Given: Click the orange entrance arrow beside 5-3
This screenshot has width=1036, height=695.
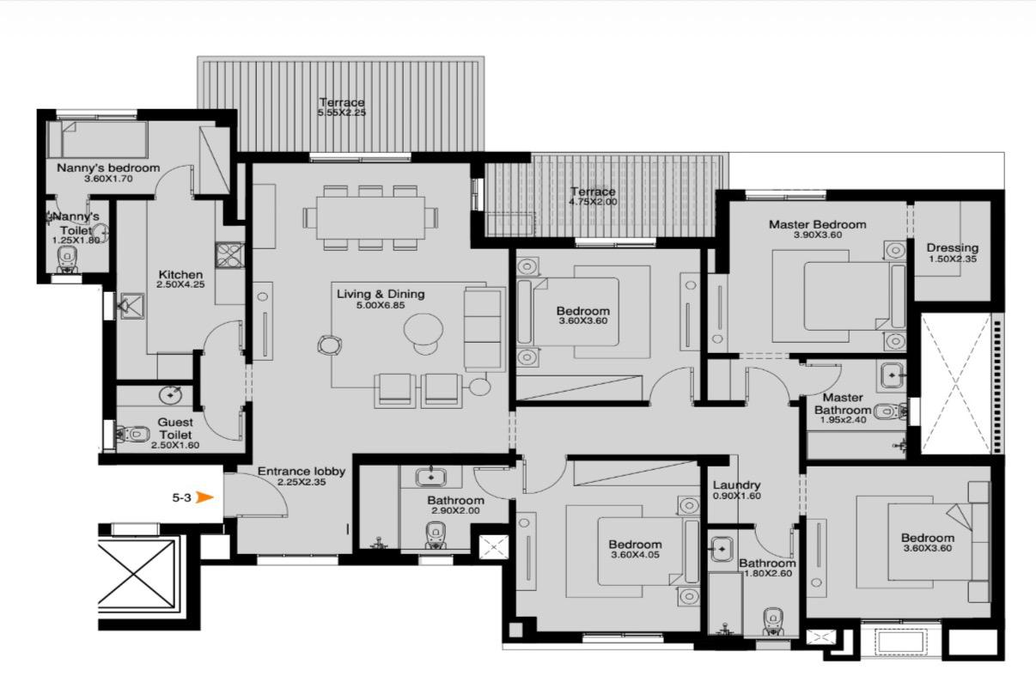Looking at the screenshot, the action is [205, 497].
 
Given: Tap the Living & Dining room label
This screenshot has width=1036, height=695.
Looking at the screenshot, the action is [381, 294].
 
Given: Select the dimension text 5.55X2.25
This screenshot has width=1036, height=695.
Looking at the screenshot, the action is [342, 113].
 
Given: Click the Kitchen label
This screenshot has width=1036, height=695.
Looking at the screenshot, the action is [180, 275].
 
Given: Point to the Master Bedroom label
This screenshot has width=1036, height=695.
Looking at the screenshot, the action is [818, 225].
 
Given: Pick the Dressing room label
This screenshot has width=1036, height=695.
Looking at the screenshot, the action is [953, 248].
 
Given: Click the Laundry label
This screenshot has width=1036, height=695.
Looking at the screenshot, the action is [737, 485].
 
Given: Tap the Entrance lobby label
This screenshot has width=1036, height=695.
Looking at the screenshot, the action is [302, 472].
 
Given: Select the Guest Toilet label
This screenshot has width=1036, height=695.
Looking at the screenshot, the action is [175, 429].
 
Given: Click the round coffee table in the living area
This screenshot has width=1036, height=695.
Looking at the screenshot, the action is [424, 330].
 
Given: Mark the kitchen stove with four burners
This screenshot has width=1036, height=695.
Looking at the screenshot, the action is [229, 255].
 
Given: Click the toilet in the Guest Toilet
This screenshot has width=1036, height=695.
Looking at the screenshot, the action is [133, 434].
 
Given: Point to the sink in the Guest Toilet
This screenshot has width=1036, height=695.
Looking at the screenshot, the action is [171, 395].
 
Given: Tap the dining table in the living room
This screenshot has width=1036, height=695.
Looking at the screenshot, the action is [370, 217].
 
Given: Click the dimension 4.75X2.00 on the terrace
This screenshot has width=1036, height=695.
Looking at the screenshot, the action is [593, 202].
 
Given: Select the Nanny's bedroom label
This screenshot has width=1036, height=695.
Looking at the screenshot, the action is [108, 168].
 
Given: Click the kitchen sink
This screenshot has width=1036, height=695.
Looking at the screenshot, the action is [131, 306].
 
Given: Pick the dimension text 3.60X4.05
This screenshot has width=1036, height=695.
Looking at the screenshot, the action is [635, 555].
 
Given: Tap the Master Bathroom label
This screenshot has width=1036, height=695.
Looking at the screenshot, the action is [843, 404].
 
